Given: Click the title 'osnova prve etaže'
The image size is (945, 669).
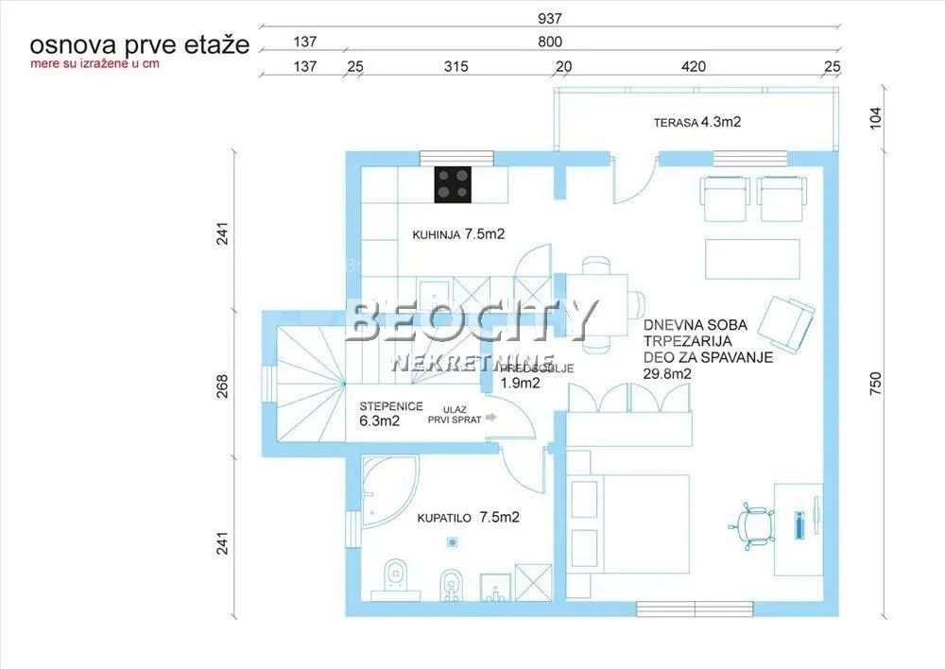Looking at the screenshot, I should point(139,44).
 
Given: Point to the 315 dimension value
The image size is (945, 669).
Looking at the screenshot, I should point(456,66).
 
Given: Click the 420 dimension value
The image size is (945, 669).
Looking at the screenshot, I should point(694,66).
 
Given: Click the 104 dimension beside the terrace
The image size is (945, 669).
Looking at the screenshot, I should point(874,117).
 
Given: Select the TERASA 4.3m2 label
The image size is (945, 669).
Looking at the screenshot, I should point(698,122).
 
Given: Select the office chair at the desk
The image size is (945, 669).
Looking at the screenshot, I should point(754,526).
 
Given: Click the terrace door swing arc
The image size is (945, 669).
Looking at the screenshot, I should point(633,184).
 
